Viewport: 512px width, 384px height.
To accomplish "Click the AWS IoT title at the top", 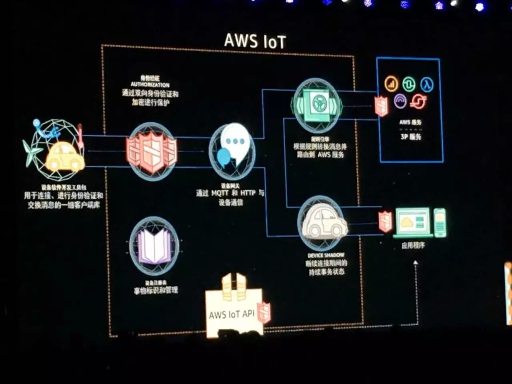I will pyautogui.click(x=255, y=41).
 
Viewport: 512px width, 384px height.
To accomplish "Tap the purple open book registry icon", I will pyautogui.click(x=154, y=246).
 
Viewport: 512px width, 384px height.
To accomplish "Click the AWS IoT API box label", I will pyautogui.click(x=232, y=314).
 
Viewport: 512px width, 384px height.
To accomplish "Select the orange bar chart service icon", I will pyautogui.click(x=391, y=84).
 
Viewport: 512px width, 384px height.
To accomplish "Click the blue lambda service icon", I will pyautogui.click(x=427, y=84).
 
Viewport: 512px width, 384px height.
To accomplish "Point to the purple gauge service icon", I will pyautogui.click(x=400, y=101).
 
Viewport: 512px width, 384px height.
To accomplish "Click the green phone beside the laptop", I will pyautogui.click(x=440, y=222).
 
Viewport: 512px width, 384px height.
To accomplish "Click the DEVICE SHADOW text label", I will pyautogui.click(x=326, y=255).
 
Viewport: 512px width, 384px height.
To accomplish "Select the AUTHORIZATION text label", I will pyautogui.click(x=150, y=85).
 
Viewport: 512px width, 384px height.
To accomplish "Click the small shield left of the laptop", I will pyautogui.click(x=385, y=221).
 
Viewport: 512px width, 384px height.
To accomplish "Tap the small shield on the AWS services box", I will pyautogui.click(x=381, y=106).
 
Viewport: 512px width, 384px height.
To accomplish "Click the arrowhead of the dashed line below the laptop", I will pyautogui.click(x=416, y=263).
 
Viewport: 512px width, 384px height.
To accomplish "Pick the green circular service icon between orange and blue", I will pyautogui.click(x=409, y=84).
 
